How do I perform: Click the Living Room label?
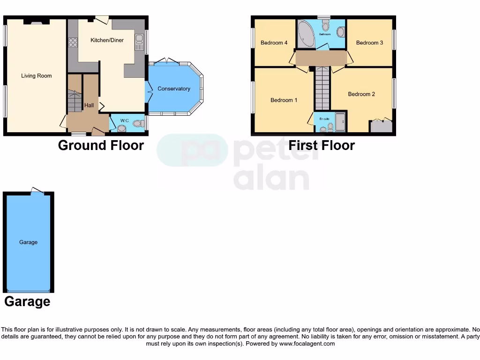click(37, 76)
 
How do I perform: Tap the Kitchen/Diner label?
click(107, 40)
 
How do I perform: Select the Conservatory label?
click(174, 89)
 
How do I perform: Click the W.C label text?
click(124, 121)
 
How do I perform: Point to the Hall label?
click(89, 105)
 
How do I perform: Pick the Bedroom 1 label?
click(284, 100)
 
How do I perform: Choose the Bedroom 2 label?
click(361, 94)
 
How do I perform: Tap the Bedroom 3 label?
click(369, 43)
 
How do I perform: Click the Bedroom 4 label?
click(274, 43)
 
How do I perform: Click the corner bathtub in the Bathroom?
click(306, 34)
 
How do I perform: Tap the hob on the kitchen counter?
click(73, 43)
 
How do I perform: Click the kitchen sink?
click(139, 42)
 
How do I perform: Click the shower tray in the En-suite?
click(340, 121)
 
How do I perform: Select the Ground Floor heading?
click(101, 145)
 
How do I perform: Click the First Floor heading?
click(322, 145)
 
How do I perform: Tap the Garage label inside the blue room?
click(28, 242)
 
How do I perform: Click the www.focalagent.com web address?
click(307, 344)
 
